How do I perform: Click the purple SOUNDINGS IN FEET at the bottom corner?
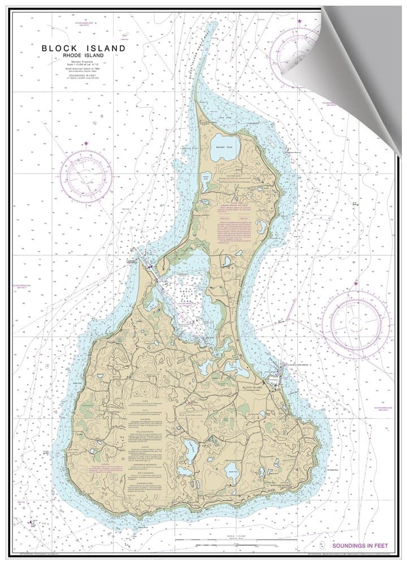(360, 546)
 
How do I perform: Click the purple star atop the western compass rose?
(86, 144)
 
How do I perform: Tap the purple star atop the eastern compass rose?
(356, 283)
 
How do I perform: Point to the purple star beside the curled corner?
(300, 21)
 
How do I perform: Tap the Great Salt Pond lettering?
(184, 294)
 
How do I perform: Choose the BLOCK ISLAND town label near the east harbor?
(253, 388)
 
